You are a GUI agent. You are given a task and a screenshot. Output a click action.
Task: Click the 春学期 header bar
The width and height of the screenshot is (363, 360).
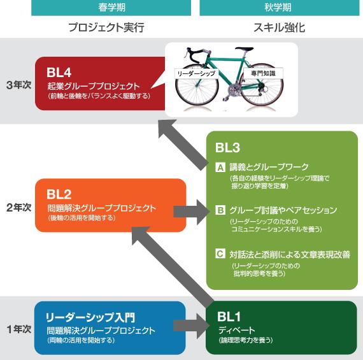tap(111, 8)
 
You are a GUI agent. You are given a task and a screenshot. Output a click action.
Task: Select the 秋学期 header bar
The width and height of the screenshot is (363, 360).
tap(280, 8)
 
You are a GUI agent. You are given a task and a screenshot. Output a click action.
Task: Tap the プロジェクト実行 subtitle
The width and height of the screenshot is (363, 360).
tap(106, 27)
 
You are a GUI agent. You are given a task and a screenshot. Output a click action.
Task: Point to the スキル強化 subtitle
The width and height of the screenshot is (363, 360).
tap(280, 27)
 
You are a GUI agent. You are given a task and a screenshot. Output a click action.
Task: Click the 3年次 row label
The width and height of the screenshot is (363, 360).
tap(18, 85)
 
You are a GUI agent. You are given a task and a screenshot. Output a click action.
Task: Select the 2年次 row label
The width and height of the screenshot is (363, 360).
tap(18, 207)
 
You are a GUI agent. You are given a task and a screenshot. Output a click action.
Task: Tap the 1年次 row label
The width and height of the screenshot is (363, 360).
tap(18, 329)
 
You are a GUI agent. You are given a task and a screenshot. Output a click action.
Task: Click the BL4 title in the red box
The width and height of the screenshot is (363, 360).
tap(59, 72)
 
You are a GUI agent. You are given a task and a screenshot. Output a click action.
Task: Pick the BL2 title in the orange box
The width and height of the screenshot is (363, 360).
tap(59, 194)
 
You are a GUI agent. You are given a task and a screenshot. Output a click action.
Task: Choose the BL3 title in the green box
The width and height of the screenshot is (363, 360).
tap(227, 148)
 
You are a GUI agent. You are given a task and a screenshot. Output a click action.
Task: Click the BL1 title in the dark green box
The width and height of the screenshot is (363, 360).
tap(229, 317)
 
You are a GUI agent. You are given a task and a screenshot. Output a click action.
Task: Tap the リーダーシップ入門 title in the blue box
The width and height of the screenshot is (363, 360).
tap(90, 317)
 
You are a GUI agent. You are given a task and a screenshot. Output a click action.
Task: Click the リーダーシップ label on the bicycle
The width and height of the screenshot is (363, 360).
tap(196, 74)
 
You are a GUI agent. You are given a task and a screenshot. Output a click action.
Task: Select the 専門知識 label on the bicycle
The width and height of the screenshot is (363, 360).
tap(263, 73)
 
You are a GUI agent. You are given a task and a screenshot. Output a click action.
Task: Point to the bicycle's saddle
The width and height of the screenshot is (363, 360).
tap(245, 49)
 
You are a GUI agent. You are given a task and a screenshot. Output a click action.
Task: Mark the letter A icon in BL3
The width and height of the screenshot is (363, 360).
tap(220, 167)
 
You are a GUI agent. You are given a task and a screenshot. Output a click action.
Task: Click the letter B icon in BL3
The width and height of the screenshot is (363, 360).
tap(220, 210)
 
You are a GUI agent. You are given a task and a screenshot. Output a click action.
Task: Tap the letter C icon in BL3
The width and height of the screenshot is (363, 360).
tap(220, 254)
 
